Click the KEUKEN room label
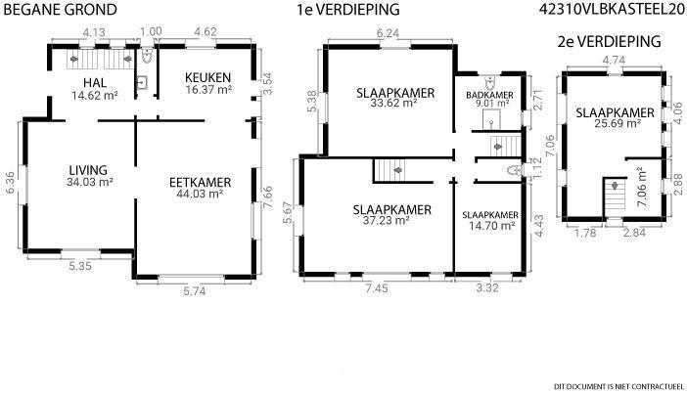tap(207, 78)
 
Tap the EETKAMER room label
tap(201, 183)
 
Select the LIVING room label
tap(88, 170)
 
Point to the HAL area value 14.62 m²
tap(95, 95)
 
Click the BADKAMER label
tap(489, 95)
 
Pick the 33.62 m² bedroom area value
tap(393, 104)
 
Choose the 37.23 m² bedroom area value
tap(386, 221)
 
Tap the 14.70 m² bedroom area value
tap(491, 226)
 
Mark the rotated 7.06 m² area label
tap(641, 187)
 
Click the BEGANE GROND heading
tap(60, 10)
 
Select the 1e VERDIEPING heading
tap(348, 10)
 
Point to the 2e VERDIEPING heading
tap(609, 42)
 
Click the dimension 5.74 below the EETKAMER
tap(195, 291)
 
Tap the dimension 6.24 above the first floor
tap(388, 33)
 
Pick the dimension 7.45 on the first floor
tap(377, 288)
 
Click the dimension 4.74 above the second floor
tap(614, 61)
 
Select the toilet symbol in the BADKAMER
tap(490, 81)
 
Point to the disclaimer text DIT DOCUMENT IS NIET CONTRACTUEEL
tap(619, 386)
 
